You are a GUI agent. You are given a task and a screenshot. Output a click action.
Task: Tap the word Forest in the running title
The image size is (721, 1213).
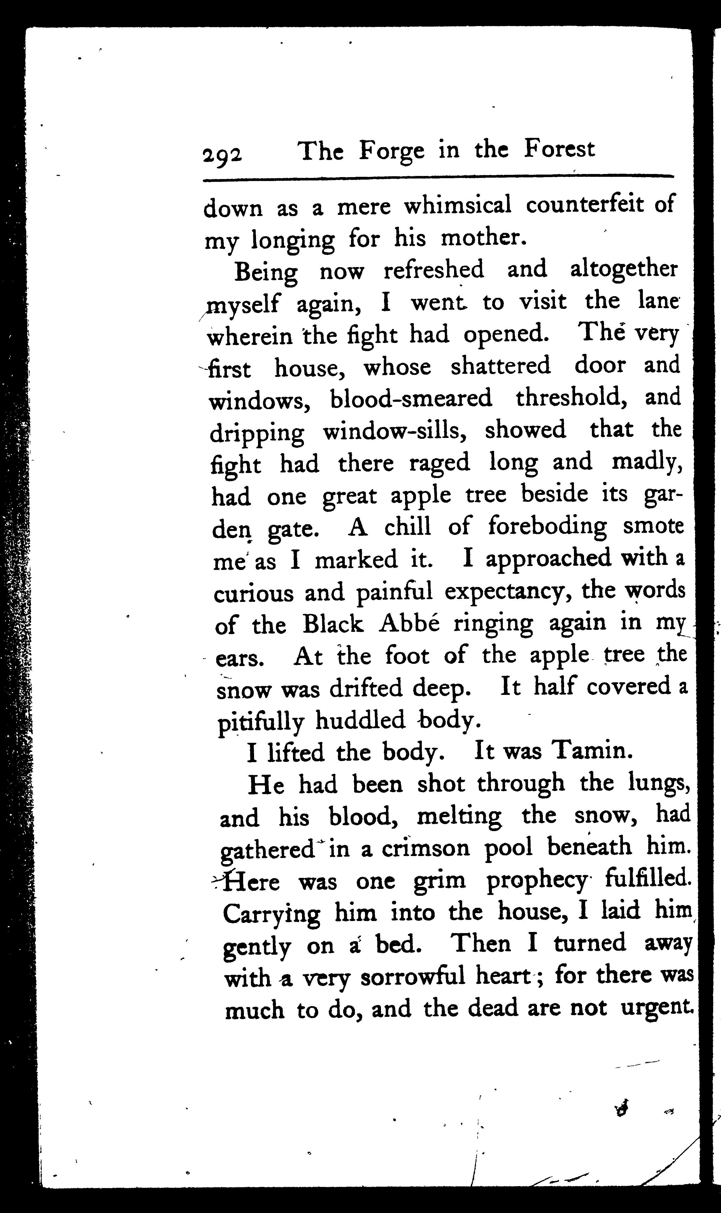[559, 149]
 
